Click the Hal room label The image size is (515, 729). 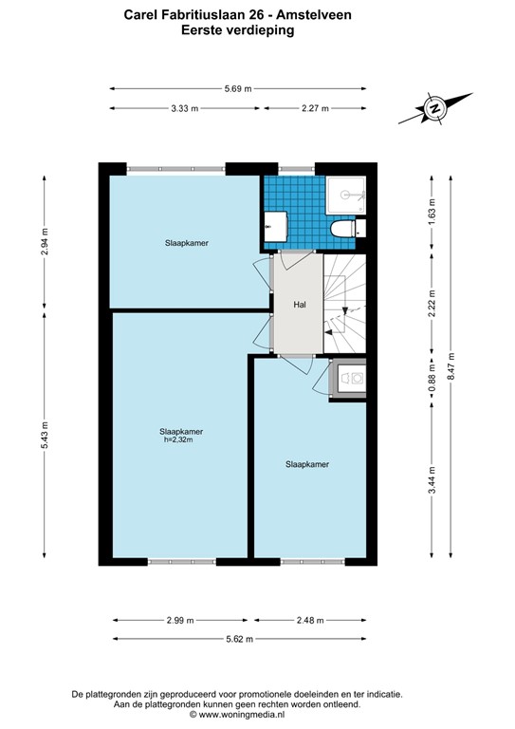pyautogui.click(x=299, y=305)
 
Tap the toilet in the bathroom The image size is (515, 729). pyautogui.click(x=341, y=229)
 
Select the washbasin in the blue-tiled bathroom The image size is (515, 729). pyautogui.click(x=276, y=225)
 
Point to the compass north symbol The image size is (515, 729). pyautogui.click(x=434, y=109)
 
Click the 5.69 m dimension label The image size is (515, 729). pyautogui.click(x=238, y=89)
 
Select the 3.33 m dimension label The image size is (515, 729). pyautogui.click(x=185, y=108)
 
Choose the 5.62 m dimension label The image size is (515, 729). pyautogui.click(x=238, y=639)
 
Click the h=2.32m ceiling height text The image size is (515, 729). pyautogui.click(x=180, y=439)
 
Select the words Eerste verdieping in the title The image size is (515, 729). pyautogui.click(x=238, y=29)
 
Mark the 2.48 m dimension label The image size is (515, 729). pyautogui.click(x=309, y=620)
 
